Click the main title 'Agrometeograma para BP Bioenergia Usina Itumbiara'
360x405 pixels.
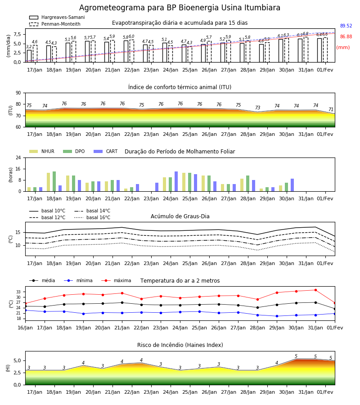point(180,8)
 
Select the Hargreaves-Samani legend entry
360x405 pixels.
point(57,17)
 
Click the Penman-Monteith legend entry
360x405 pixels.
point(55,24)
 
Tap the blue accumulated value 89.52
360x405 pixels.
point(346,26)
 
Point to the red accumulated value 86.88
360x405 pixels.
point(346,37)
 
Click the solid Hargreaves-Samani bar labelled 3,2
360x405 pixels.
point(29,56)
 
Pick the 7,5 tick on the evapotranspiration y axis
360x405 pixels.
point(17,34)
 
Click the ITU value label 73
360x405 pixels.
point(257,108)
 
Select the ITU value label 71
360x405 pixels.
point(331,109)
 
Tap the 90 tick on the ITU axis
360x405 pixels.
point(18,93)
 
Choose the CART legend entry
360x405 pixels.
point(106,151)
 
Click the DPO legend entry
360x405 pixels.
point(74,151)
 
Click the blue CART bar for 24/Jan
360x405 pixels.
point(176,181)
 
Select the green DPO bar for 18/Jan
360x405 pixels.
point(54,181)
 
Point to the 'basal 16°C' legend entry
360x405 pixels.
point(92,217)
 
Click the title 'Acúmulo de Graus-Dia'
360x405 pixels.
point(180,216)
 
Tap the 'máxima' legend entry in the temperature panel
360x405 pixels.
point(116,280)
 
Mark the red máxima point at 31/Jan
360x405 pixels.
point(315,290)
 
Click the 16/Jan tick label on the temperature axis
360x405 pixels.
point(25,328)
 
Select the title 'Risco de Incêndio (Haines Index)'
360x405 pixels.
point(180,345)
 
